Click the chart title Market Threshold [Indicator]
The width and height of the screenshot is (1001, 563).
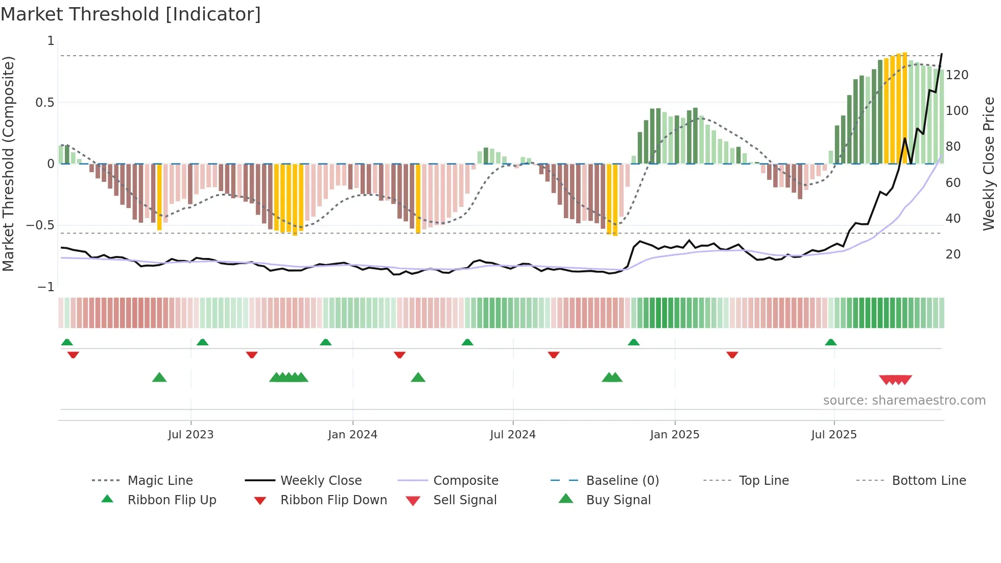tap(131, 14)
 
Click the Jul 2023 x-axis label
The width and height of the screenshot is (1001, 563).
tap(190, 435)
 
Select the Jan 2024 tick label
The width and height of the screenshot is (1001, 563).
tap(352, 435)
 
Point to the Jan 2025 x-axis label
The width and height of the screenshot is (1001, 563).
tap(674, 435)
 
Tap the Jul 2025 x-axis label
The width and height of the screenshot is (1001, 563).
tap(833, 435)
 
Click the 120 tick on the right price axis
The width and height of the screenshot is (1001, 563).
tap(957, 75)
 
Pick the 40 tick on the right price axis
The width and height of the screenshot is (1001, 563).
tap(953, 219)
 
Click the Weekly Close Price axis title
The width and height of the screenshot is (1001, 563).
tap(989, 163)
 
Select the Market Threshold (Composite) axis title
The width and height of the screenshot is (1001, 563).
tap(8, 163)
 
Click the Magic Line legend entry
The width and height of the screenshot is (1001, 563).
tap(160, 481)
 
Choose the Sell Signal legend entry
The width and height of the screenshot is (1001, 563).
tap(464, 500)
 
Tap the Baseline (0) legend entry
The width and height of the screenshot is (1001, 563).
tap(622, 481)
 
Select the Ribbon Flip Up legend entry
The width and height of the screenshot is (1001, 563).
tap(172, 500)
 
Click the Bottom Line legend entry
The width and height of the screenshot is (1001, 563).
tap(928, 481)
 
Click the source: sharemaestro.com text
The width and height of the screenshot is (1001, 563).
tap(904, 401)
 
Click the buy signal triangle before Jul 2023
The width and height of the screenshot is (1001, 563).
tap(159, 378)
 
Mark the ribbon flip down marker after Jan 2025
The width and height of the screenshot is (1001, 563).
tap(732, 355)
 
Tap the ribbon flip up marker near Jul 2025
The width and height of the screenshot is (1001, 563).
tap(830, 342)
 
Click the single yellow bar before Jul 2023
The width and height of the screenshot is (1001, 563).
tap(159, 197)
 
